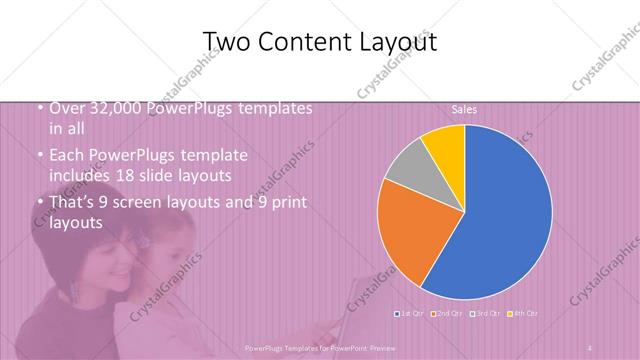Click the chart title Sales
click(x=463, y=107)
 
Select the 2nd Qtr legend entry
click(x=446, y=314)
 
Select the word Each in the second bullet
click(x=65, y=156)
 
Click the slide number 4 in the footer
click(x=591, y=347)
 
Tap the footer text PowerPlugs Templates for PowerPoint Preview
click(x=319, y=347)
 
